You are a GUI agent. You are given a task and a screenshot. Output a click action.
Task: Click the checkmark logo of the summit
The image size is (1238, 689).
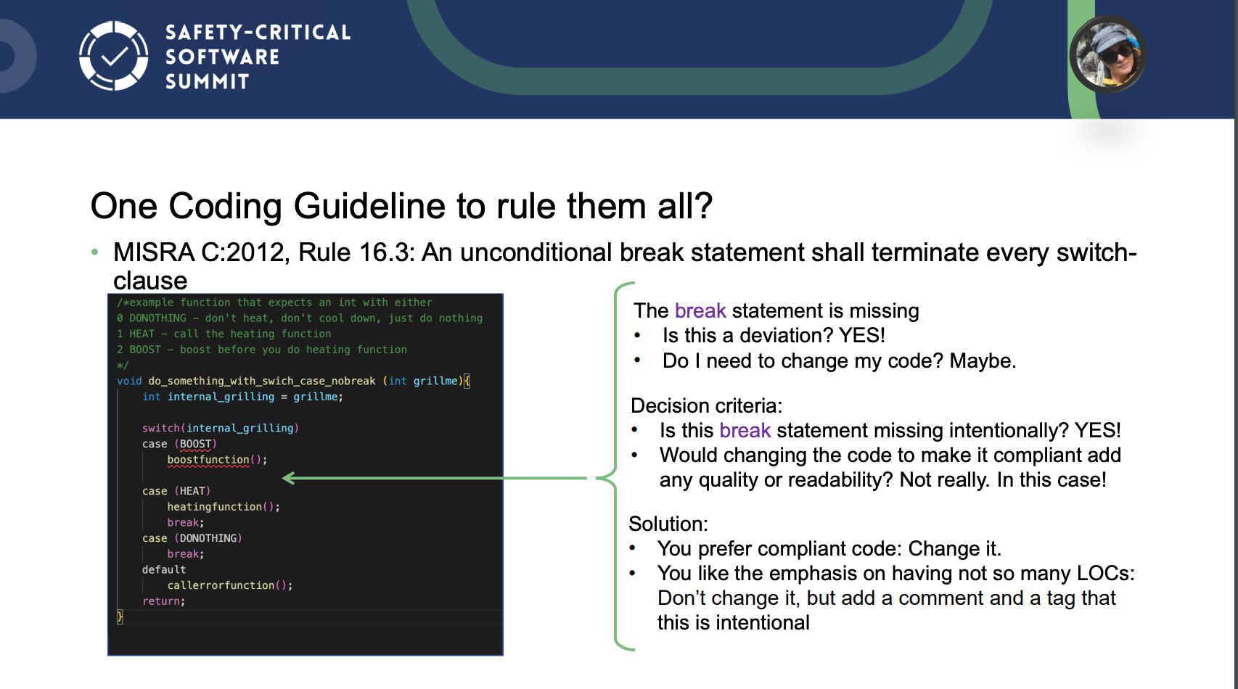[x=113, y=56]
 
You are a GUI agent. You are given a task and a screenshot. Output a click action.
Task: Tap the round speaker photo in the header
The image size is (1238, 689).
[x=1107, y=54]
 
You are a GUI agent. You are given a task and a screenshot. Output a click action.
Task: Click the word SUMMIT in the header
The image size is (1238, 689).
[x=208, y=82]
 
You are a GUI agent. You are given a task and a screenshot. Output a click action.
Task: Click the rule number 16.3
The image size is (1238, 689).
[x=385, y=252]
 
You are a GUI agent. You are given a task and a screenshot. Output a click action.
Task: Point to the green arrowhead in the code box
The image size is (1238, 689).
[x=289, y=478]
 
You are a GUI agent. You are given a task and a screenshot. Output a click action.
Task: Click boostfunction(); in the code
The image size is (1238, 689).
[x=217, y=460]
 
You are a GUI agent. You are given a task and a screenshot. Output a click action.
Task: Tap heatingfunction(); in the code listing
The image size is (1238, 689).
[x=224, y=507]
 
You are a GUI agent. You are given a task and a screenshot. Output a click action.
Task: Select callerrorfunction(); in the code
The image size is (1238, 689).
[x=230, y=585]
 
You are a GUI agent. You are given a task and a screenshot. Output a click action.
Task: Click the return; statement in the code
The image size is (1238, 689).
[x=163, y=601]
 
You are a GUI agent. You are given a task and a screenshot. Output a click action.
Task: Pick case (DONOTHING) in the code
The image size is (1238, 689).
[x=192, y=538]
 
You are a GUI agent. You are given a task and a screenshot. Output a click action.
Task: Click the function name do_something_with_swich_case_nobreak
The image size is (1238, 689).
[x=261, y=381]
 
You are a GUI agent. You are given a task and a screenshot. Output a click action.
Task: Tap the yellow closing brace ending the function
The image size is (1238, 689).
[x=120, y=616]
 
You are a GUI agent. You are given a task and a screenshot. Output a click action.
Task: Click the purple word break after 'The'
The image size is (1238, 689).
[x=700, y=310]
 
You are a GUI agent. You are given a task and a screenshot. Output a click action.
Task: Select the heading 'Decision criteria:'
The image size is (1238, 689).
[x=706, y=406]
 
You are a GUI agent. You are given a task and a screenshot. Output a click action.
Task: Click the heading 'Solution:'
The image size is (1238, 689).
[x=668, y=523]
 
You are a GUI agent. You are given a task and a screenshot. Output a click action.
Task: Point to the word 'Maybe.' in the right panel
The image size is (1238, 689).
[x=983, y=360]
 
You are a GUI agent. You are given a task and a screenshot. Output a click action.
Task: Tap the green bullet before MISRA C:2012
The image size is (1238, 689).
[x=94, y=252]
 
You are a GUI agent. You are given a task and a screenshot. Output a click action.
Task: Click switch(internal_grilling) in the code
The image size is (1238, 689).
[x=220, y=428]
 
